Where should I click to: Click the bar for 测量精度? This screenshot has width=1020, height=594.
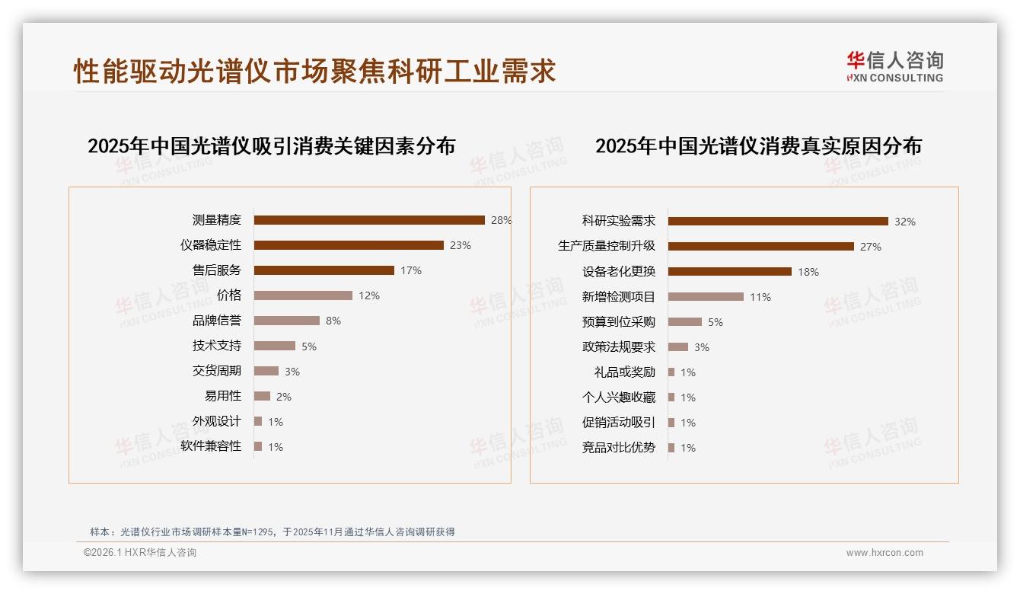pyautogui.click(x=369, y=220)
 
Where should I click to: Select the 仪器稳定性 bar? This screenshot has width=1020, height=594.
pyautogui.click(x=349, y=245)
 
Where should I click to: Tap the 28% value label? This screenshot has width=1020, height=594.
pyautogui.click(x=501, y=220)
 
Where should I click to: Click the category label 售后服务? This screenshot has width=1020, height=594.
pyautogui.click(x=216, y=270)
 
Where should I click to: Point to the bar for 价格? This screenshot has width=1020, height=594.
pyautogui.click(x=303, y=295)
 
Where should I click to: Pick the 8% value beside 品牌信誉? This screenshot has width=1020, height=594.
pyautogui.click(x=333, y=321)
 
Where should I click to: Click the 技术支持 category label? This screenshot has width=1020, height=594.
pyautogui.click(x=216, y=346)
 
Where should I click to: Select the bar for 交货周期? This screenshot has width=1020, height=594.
pyautogui.click(x=266, y=371)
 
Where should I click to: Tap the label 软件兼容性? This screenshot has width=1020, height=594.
pyautogui.click(x=211, y=446)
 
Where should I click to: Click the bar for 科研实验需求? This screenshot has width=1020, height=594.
pyautogui.click(x=778, y=222)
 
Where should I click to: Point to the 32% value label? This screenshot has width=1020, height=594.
pyautogui.click(x=905, y=222)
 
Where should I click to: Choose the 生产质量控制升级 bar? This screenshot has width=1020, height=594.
pyautogui.click(x=761, y=247)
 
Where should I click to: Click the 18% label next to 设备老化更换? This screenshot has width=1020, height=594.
pyautogui.click(x=808, y=272)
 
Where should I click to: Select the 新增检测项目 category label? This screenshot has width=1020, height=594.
pyautogui.click(x=618, y=297)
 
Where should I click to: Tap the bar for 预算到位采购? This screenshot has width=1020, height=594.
pyautogui.click(x=685, y=322)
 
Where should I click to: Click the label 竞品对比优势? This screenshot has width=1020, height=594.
pyautogui.click(x=618, y=448)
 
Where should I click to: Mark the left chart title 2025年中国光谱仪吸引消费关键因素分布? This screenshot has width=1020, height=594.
pyautogui.click(x=271, y=145)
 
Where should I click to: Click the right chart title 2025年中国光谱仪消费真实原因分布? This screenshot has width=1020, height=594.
pyautogui.click(x=758, y=145)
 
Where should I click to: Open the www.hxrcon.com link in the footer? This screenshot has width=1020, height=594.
pyautogui.click(x=885, y=553)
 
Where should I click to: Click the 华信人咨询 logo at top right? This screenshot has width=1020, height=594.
pyautogui.click(x=894, y=66)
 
